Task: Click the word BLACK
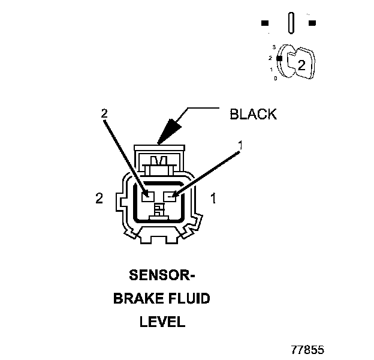(x=254, y=115)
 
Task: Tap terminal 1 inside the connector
(x=173, y=195)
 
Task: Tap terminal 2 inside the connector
(x=146, y=195)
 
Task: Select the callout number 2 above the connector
(x=104, y=113)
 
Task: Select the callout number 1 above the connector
(x=241, y=145)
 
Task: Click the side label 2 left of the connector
(x=99, y=198)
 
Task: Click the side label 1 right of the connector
(x=213, y=198)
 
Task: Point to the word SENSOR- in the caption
(x=162, y=276)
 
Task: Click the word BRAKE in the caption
(x=135, y=299)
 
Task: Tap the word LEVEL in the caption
(x=162, y=322)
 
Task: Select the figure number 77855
(x=307, y=349)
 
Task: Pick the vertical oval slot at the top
(x=291, y=23)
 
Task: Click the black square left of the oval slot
(x=264, y=23)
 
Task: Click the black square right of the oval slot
(x=312, y=23)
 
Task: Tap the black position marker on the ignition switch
(x=279, y=58)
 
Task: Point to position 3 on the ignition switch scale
(x=273, y=46)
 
